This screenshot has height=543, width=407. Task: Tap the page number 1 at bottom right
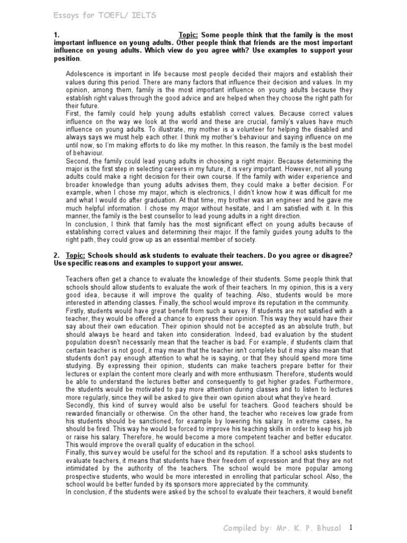[351, 528]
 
